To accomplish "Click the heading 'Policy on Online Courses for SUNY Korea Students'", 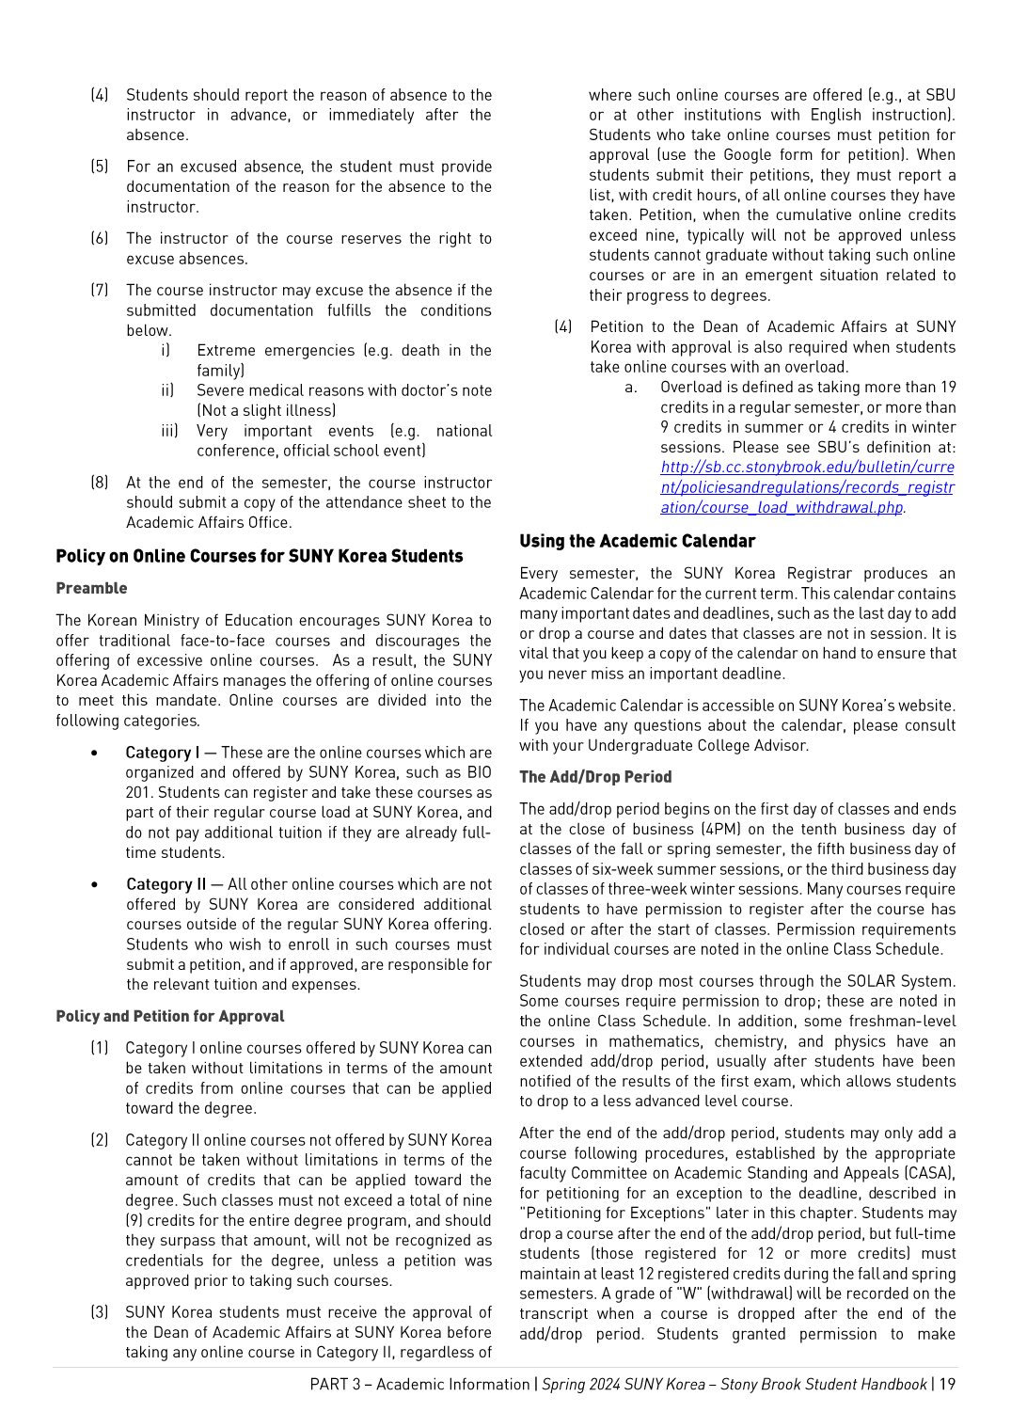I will (259, 556).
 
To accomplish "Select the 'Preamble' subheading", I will (91, 588).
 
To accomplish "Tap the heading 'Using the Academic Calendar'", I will (637, 541).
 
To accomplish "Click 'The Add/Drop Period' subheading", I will (595, 777).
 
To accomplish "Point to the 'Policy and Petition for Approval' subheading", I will (169, 1016).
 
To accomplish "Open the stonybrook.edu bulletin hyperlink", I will (807, 487).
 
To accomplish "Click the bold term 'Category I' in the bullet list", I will (162, 753).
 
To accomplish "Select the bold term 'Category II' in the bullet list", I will (166, 884).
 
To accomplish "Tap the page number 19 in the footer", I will (947, 1384).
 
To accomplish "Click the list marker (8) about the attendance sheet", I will (99, 483).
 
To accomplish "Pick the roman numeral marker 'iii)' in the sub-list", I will (169, 431).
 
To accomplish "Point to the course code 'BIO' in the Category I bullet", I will (479, 772).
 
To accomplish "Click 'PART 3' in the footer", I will (335, 1384).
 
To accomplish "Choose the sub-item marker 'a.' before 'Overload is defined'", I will (630, 388).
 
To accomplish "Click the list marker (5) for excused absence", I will (99, 167).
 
